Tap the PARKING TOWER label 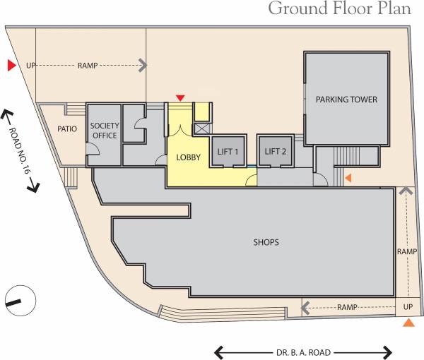pos(346,100)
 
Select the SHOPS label pos(266,242)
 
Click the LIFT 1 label pos(228,152)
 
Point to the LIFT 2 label pos(275,152)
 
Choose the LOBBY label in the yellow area pos(188,157)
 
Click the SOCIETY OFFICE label pos(104,131)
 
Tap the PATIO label pos(67,129)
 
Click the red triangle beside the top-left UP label pos(11,66)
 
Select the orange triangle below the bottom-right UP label pos(408,323)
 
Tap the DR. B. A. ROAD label pos(303,352)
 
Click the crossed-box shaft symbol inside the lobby pos(201,128)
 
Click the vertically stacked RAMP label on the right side pos(407,251)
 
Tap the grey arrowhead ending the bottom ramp pos(306,308)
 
